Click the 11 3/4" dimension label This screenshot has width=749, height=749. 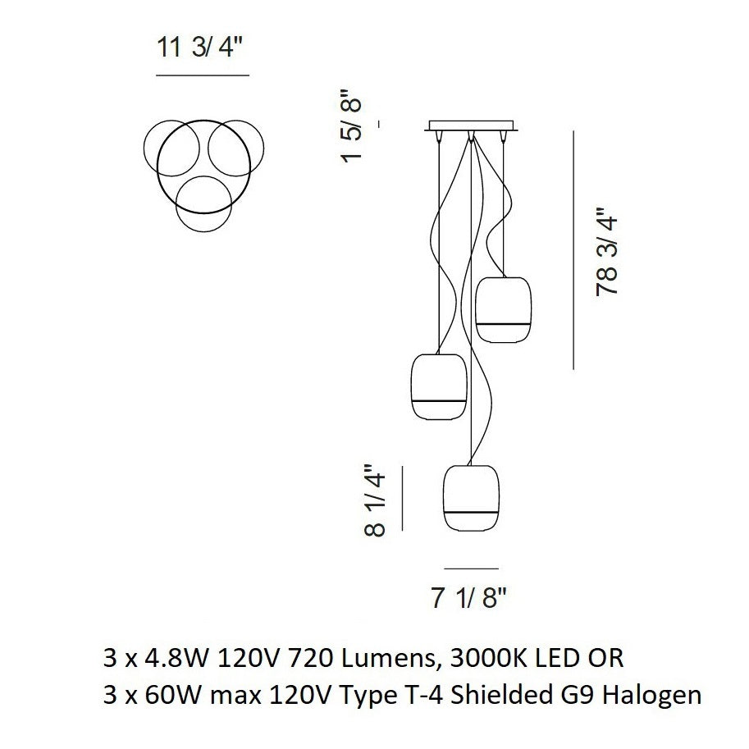tap(202, 48)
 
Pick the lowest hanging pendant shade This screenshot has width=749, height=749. tap(471, 499)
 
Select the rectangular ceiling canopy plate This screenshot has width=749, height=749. tap(470, 126)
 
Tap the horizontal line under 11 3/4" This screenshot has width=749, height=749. tap(202, 75)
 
